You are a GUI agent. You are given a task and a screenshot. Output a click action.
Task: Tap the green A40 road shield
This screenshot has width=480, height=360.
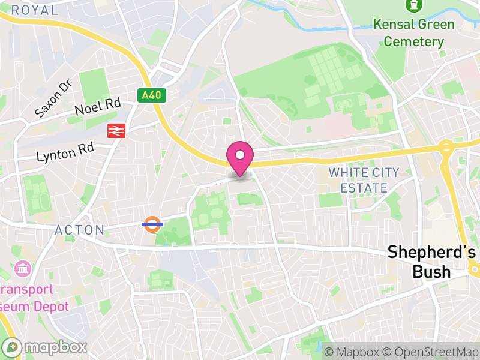tap(152, 95)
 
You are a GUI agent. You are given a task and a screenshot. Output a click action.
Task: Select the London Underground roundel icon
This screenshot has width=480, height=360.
tap(152, 224)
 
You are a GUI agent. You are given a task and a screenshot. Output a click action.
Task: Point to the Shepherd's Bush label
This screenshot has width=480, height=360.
tap(427, 262)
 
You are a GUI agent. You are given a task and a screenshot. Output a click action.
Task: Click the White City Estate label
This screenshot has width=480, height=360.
tap(364, 180)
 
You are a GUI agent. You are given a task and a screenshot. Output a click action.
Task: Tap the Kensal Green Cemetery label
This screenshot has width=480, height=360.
tap(413, 33)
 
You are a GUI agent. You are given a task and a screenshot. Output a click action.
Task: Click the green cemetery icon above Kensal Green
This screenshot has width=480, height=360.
tap(413, 5)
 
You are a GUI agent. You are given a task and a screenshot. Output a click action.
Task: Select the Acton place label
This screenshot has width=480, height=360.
tap(80, 230)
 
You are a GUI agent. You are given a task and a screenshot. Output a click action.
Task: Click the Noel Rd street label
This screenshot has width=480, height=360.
tap(97, 107)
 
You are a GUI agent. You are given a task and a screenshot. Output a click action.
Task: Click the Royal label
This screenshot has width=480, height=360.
tap(35, 10)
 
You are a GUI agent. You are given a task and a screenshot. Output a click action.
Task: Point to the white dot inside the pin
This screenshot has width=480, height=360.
tap(240, 155)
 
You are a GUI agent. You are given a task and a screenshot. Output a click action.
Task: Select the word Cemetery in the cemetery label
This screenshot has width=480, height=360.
tap(414, 41)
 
